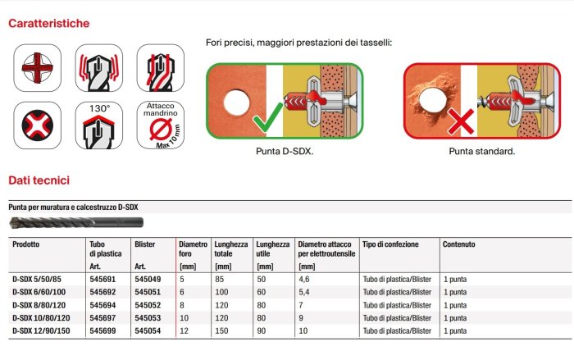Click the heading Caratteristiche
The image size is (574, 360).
(x=48, y=24)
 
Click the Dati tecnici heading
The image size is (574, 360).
(x=39, y=180)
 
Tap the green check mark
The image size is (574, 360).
(x=267, y=117)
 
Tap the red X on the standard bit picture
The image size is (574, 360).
(x=461, y=121)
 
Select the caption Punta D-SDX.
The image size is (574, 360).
(x=285, y=151)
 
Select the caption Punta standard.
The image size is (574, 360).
(x=482, y=151)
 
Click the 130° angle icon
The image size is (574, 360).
(x=99, y=125)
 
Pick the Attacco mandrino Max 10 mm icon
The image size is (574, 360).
(x=161, y=125)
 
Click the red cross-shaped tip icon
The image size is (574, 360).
(x=38, y=68)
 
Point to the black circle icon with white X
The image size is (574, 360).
(x=38, y=125)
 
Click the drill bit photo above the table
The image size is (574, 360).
(x=76, y=222)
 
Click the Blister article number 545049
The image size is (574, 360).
(x=148, y=279)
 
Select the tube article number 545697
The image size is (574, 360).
(x=102, y=318)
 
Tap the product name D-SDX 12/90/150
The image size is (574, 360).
(x=41, y=330)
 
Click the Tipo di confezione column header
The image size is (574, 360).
(x=390, y=244)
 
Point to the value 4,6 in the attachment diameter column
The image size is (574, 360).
(x=304, y=279)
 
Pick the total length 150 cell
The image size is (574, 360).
(x=221, y=330)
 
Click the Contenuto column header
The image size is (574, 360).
(x=458, y=244)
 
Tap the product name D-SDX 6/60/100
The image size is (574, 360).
(x=39, y=292)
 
